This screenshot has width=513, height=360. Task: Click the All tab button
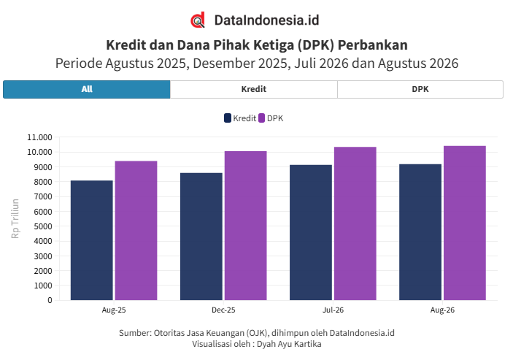coord(87,89)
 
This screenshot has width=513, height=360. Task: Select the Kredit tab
coord(253,89)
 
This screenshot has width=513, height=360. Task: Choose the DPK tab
coord(420,89)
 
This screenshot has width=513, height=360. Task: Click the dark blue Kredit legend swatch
coord(228,118)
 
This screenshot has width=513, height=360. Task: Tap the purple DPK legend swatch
coord(261,118)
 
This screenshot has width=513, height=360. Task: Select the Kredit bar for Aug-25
coord(92,240)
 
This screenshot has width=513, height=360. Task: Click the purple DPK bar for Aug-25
coord(136,231)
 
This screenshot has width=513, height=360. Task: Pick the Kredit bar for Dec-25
coord(201,237)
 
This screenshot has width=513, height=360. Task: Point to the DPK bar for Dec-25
coord(246,226)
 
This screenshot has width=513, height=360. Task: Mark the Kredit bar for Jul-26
coord(311,232)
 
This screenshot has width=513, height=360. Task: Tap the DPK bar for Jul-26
coord(355,223)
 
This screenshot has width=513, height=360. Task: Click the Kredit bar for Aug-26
coord(420,232)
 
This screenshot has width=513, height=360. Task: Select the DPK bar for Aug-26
coord(465,223)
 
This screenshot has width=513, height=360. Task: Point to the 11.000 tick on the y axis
coord(39,137)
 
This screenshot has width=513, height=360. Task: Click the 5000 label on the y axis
coord(43,226)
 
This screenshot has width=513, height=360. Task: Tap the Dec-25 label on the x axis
coord(223,310)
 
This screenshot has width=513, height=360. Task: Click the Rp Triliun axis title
coord(15,218)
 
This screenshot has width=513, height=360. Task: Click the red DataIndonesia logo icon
coord(198,20)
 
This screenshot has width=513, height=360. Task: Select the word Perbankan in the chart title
coord(373,45)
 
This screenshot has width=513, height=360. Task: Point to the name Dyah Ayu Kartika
coord(289,344)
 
